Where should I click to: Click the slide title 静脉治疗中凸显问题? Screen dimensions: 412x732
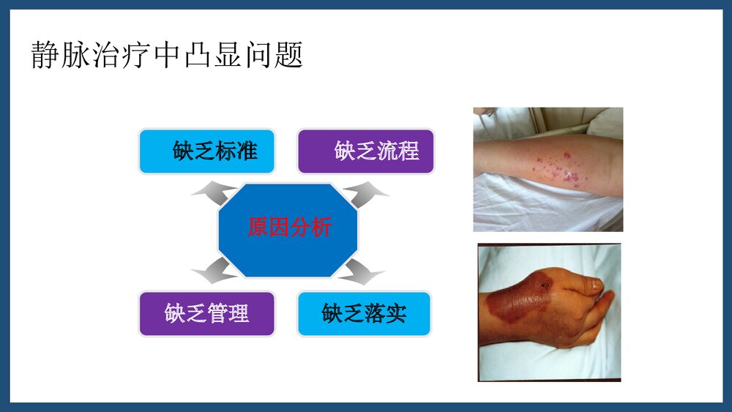click(x=167, y=55)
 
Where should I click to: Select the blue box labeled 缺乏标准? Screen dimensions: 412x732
click(x=207, y=151)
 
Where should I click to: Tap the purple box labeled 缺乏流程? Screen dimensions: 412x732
click(x=365, y=151)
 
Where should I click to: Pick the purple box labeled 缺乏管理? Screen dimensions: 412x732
click(x=207, y=314)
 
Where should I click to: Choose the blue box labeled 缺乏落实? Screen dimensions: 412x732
click(x=365, y=314)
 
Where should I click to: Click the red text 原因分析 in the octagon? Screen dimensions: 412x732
click(x=289, y=228)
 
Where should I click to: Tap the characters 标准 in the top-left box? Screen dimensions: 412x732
click(x=236, y=151)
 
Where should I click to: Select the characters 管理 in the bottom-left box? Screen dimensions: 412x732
click(x=228, y=314)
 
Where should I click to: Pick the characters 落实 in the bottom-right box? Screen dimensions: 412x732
click(x=386, y=314)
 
